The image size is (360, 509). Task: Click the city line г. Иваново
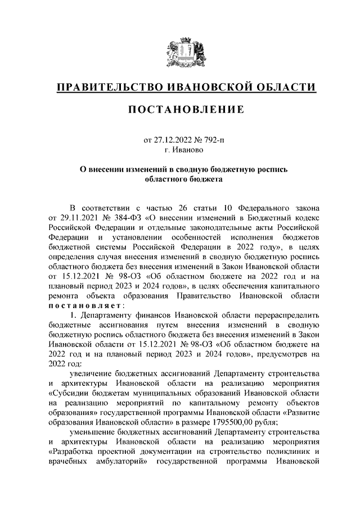pyautogui.click(x=180, y=150)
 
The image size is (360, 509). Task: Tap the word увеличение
pyautogui.click(x=93, y=373)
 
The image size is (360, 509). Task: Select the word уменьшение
pyautogui.click(x=94, y=434)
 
